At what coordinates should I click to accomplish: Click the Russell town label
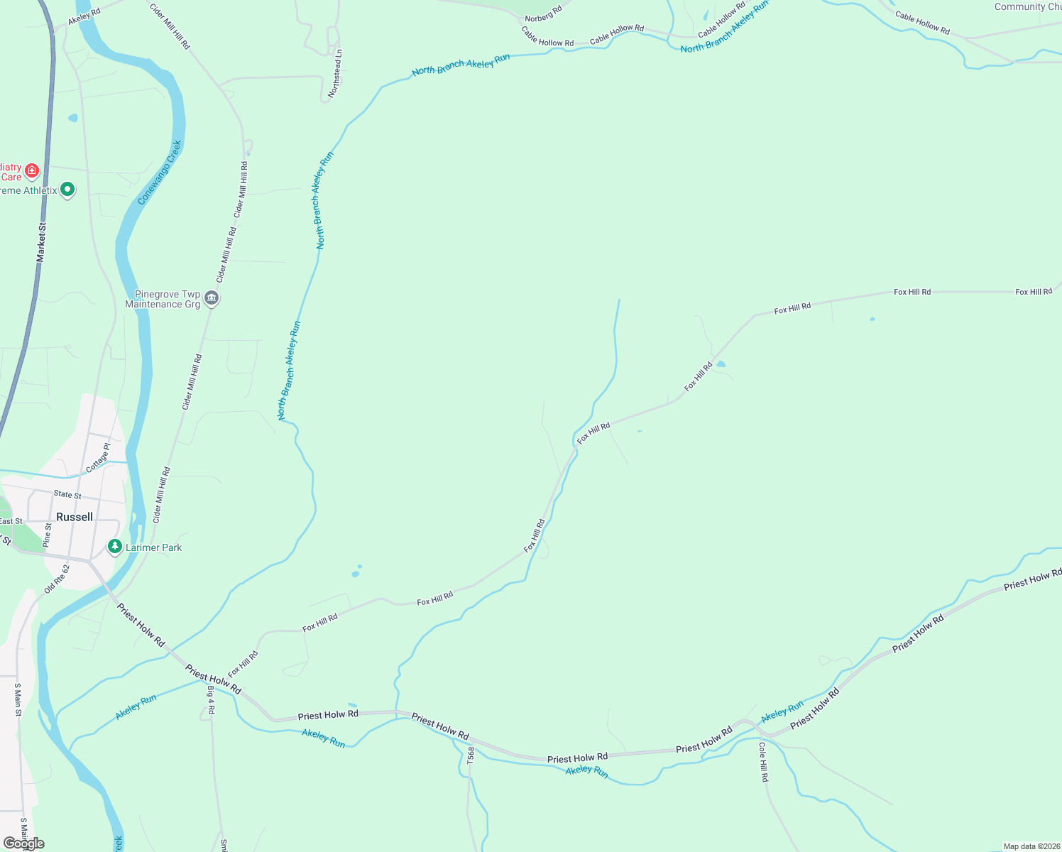click(x=75, y=517)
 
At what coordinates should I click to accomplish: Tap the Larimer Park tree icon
click(x=114, y=547)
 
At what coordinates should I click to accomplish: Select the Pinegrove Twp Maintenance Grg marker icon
click(x=212, y=298)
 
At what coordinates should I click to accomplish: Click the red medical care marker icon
click(x=31, y=170)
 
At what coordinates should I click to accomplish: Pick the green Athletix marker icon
click(x=67, y=190)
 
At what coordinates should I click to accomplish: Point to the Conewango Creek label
click(x=160, y=173)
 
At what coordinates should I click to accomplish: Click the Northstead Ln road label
click(x=335, y=74)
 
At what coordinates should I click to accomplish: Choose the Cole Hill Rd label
click(x=763, y=762)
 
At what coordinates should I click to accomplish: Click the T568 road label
click(x=471, y=755)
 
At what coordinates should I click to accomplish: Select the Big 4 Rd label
click(x=211, y=699)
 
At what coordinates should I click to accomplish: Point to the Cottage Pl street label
click(x=98, y=459)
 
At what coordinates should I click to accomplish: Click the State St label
click(x=67, y=494)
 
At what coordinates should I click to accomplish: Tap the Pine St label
click(x=48, y=535)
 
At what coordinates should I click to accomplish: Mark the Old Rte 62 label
click(x=57, y=579)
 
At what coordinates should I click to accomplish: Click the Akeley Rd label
click(x=84, y=17)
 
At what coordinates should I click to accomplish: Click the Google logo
click(x=23, y=843)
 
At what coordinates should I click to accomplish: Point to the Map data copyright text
click(x=1031, y=846)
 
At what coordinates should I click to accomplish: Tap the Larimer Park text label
click(x=153, y=547)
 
